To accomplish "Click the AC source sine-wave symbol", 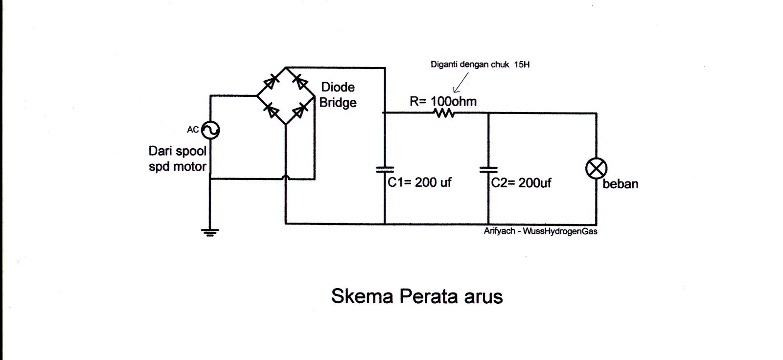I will (x=211, y=130).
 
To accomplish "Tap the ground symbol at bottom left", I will (x=210, y=232).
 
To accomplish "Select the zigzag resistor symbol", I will (x=443, y=113).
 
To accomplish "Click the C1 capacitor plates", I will (x=385, y=169).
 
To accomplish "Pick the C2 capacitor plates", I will (x=488, y=169).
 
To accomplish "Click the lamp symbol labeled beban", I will (x=596, y=169).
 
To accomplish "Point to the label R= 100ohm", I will (x=443, y=101).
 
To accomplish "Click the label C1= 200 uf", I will (x=419, y=182).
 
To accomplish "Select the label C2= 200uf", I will (x=521, y=183).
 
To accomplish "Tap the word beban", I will (x=621, y=184).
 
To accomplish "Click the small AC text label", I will (x=193, y=130).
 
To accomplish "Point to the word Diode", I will (x=338, y=88).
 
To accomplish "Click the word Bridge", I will (x=338, y=103).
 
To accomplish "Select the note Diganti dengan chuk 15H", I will (x=480, y=64).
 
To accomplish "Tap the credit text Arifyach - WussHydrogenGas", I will (x=540, y=231).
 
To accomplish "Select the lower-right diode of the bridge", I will (x=299, y=112).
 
